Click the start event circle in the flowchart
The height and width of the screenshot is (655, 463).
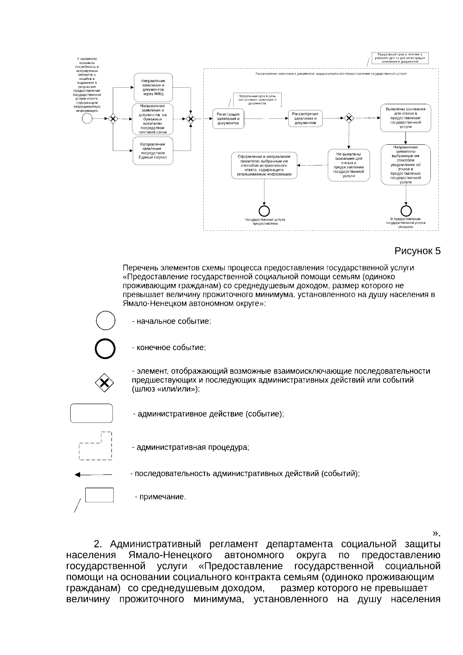[87, 119]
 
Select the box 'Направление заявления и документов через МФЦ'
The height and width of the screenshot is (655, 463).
[153, 87]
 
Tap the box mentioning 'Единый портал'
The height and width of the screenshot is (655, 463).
[153, 151]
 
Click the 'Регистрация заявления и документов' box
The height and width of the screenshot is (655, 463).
[228, 118]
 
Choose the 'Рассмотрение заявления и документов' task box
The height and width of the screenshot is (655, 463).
[305, 118]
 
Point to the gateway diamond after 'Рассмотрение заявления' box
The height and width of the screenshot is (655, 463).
[349, 118]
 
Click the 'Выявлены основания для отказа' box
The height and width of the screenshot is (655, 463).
[405, 118]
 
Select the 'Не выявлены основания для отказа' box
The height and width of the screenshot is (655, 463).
[349, 165]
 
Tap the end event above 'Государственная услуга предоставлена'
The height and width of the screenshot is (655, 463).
[264, 211]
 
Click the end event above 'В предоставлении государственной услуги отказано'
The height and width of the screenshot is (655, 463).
[406, 211]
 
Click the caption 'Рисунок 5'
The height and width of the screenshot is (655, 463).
[417, 251]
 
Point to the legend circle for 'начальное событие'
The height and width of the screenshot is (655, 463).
[105, 321]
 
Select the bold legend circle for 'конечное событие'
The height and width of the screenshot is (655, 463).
[105, 349]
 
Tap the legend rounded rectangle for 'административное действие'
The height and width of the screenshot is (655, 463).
[91, 413]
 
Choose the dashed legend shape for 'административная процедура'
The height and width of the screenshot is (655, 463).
[95, 446]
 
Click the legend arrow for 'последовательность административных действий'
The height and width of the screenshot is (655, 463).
[93, 475]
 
